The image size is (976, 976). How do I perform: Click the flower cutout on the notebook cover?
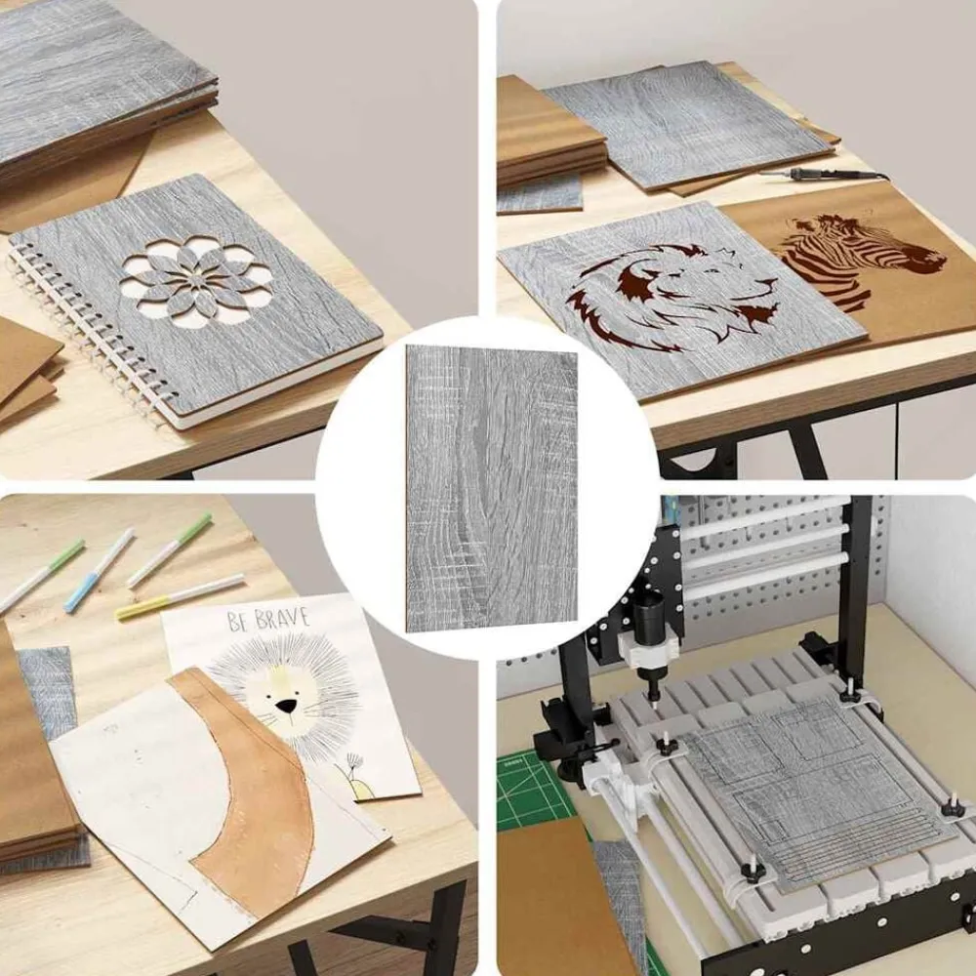tap(196, 282)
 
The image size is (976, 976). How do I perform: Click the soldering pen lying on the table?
tap(823, 175)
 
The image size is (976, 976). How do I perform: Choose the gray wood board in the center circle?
tap(491, 489)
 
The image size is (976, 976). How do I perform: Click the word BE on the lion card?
tap(239, 621)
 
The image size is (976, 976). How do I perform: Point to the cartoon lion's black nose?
tap(286, 706)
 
